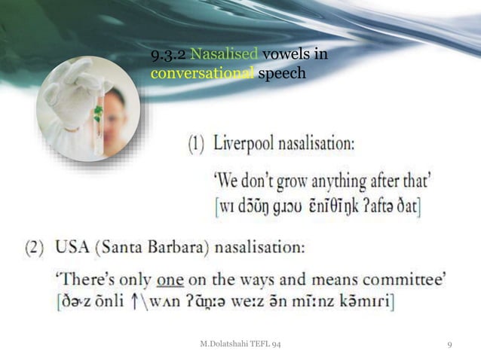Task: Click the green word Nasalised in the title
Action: click(225, 55)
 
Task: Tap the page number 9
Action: click(449, 345)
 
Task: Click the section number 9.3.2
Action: click(169, 55)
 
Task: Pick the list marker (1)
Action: click(196, 143)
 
